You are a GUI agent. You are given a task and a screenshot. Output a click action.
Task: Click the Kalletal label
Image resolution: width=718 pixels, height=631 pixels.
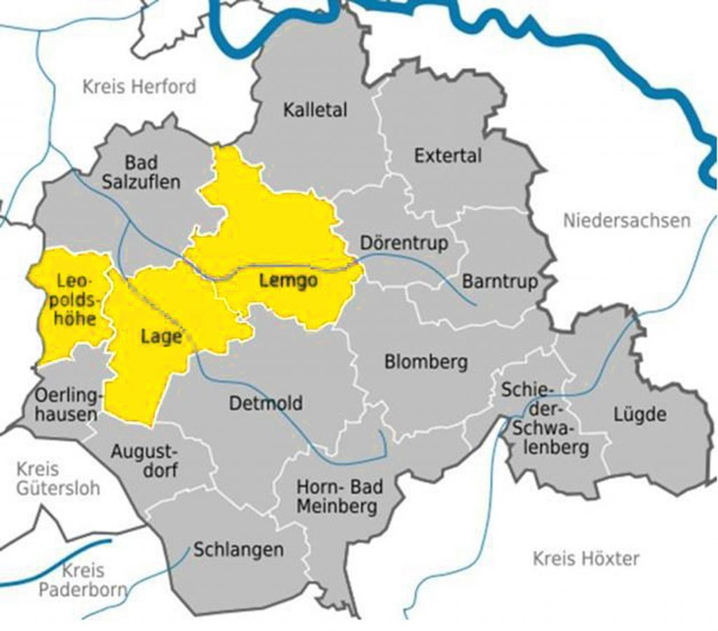click(315, 110)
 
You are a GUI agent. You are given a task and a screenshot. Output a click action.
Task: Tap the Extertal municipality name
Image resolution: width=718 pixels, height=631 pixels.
click(447, 155)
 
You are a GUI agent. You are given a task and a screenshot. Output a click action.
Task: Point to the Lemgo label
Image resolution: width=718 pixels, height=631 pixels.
click(288, 282)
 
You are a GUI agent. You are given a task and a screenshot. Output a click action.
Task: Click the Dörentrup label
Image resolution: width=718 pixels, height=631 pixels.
click(403, 243)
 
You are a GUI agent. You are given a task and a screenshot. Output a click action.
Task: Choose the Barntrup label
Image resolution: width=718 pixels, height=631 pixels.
click(500, 282)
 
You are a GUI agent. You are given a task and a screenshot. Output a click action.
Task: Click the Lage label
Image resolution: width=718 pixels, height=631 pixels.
click(161, 337)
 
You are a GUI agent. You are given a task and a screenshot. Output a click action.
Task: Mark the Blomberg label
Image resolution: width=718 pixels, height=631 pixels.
click(426, 362)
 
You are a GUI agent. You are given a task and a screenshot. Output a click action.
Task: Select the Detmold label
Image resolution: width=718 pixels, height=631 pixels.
click(266, 403)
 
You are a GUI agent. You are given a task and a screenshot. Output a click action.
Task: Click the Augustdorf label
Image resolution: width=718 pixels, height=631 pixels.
click(144, 460)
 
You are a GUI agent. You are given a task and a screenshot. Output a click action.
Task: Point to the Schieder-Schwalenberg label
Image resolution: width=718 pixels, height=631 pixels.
click(544, 419)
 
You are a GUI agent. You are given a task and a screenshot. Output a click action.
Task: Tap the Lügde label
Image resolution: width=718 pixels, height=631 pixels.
click(639, 414)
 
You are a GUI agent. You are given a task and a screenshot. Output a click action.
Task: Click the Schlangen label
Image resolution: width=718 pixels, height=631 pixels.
click(238, 550)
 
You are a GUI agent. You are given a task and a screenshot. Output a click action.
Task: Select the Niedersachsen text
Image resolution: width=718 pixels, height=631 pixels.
click(626, 221)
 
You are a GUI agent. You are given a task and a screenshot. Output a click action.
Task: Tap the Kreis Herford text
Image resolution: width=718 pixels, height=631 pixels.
click(139, 87)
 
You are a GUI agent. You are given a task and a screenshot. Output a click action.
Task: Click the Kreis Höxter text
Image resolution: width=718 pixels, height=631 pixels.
click(586, 559)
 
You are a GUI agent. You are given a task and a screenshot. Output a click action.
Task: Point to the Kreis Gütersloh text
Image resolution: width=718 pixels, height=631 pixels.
click(59, 478)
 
